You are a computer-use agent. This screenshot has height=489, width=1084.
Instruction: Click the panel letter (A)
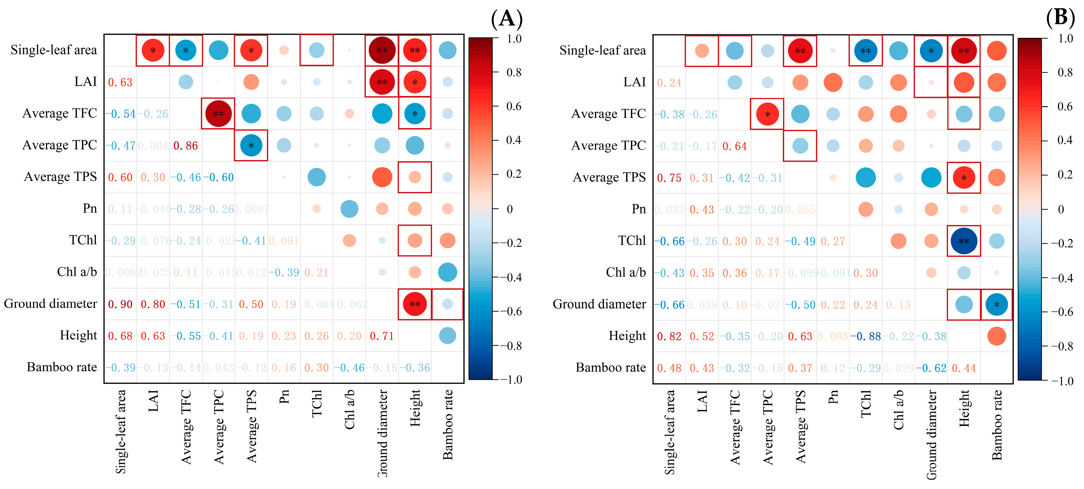(507, 19)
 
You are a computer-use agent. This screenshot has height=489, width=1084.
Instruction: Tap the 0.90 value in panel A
(120, 304)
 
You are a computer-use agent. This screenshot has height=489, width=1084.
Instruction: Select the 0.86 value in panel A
(186, 146)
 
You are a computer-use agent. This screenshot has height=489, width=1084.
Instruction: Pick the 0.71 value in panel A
(382, 336)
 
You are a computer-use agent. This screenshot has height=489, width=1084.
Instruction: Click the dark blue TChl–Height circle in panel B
(964, 241)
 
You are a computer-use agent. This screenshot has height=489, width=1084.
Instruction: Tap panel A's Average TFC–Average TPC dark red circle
(218, 114)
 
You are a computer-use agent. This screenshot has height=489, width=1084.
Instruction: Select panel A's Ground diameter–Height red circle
(415, 304)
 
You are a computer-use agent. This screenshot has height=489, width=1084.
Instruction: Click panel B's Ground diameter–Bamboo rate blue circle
(996, 304)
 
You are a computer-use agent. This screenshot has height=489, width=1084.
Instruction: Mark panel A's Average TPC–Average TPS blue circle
(251, 145)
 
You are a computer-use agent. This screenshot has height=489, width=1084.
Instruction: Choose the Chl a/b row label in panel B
(626, 272)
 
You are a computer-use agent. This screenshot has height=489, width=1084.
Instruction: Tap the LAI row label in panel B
(634, 82)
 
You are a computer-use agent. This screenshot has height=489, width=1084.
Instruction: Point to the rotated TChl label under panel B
(866, 404)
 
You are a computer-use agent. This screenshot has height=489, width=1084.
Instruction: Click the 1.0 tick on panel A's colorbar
(514, 39)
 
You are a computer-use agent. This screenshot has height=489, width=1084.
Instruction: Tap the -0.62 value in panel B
(931, 368)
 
